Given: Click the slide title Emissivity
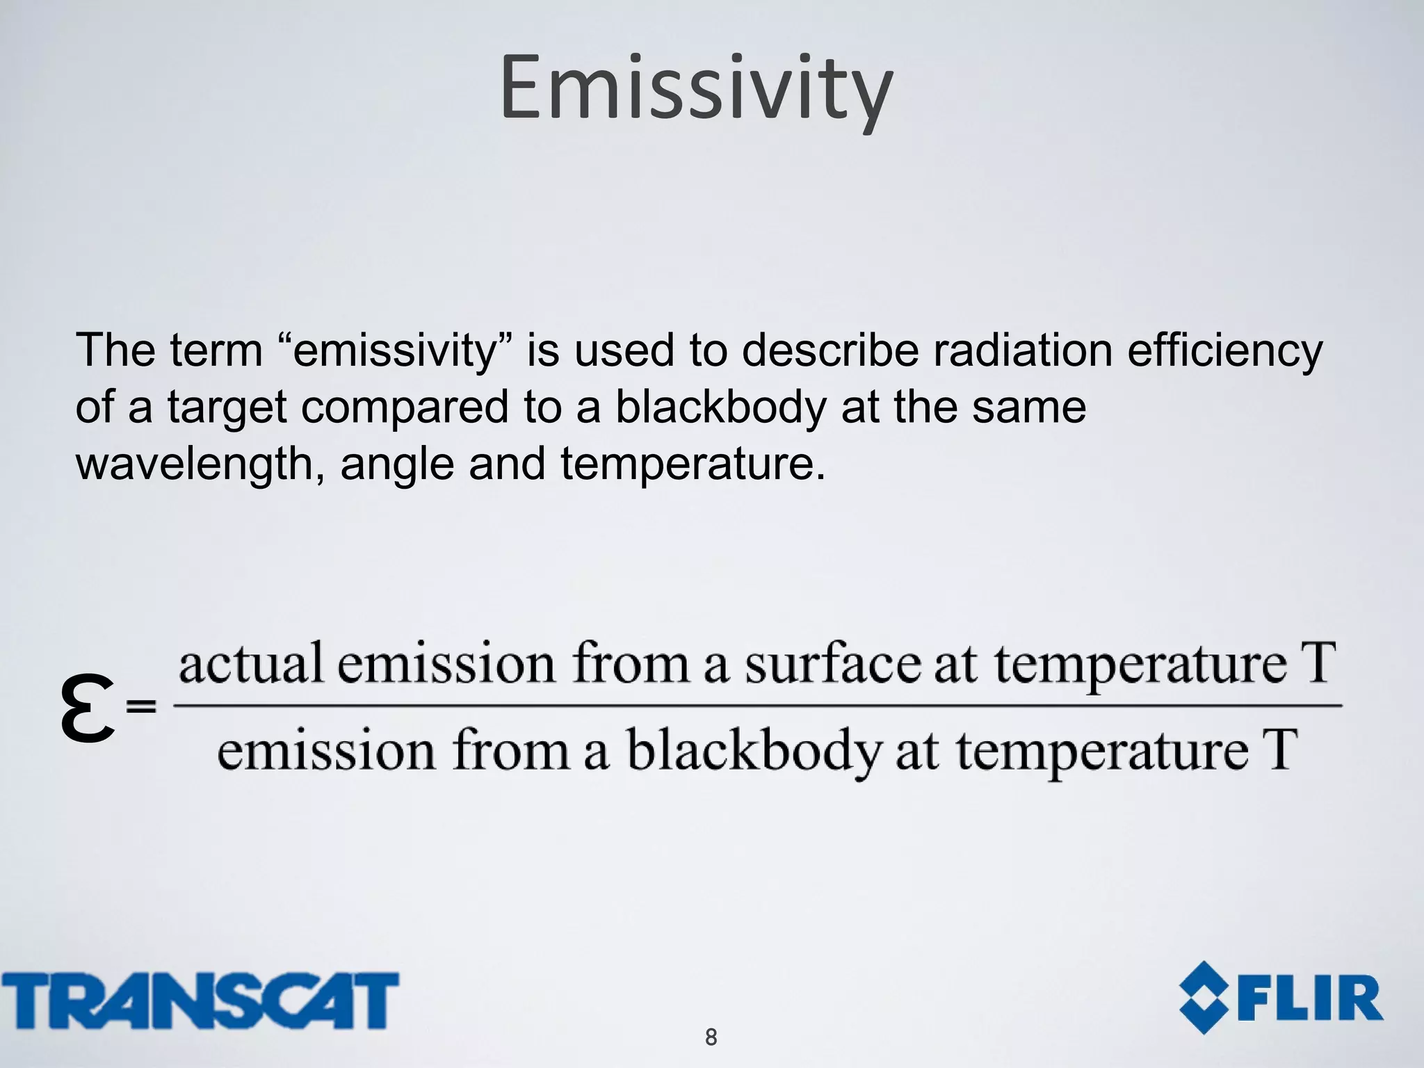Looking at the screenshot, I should click(696, 89).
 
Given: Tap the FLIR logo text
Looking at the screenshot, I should click(1313, 999).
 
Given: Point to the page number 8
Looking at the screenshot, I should click(711, 1037).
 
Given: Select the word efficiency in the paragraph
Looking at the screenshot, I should click(1224, 350).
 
